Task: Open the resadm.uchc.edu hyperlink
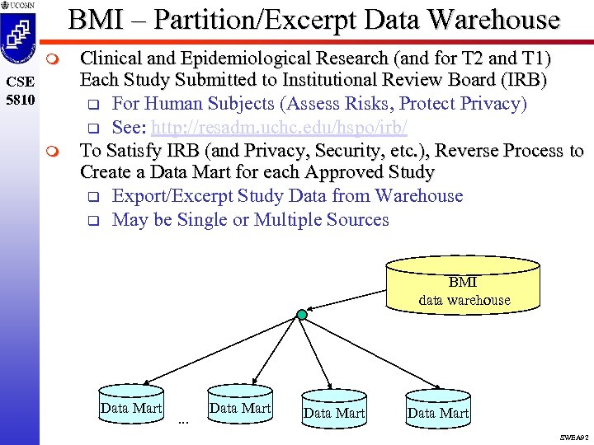[x=280, y=129]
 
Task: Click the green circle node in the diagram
[x=302, y=315]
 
